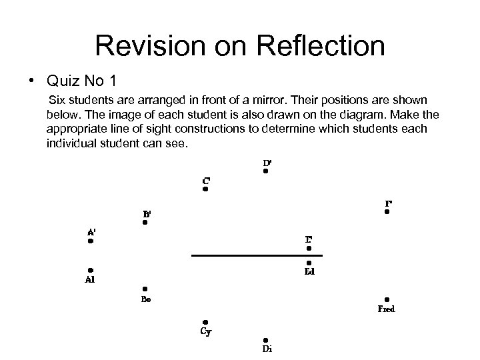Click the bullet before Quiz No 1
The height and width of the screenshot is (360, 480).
pos(31,83)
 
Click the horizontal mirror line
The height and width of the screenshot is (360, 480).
pos(257,255)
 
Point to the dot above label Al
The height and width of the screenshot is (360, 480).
pos(90,270)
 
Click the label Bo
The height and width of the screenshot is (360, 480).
pos(145,299)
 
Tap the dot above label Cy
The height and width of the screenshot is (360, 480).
pos(206,322)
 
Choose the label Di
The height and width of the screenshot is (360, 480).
pos(267,349)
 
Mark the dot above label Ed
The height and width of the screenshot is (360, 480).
pos(309,263)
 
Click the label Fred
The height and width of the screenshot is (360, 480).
pos(387,309)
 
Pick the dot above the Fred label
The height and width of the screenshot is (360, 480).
pos(387,300)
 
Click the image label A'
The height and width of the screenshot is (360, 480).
pos(91,232)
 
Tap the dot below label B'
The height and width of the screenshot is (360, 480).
pos(145,223)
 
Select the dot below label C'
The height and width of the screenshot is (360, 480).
pos(206,189)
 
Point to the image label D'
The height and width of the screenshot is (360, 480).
pos(267,162)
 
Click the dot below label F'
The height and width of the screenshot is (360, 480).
pos(387,212)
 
